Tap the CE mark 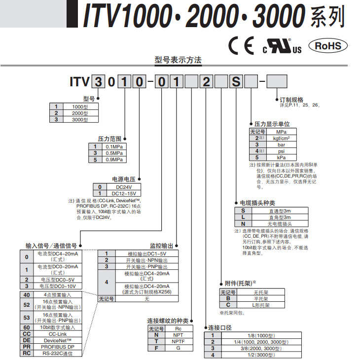[x=242, y=46]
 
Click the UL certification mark [x=282, y=47]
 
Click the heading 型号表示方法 [x=178, y=60]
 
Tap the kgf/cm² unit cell [x=281, y=139]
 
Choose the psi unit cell [x=281, y=151]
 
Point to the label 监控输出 [x=161, y=245]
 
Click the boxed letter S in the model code [x=236, y=81]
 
